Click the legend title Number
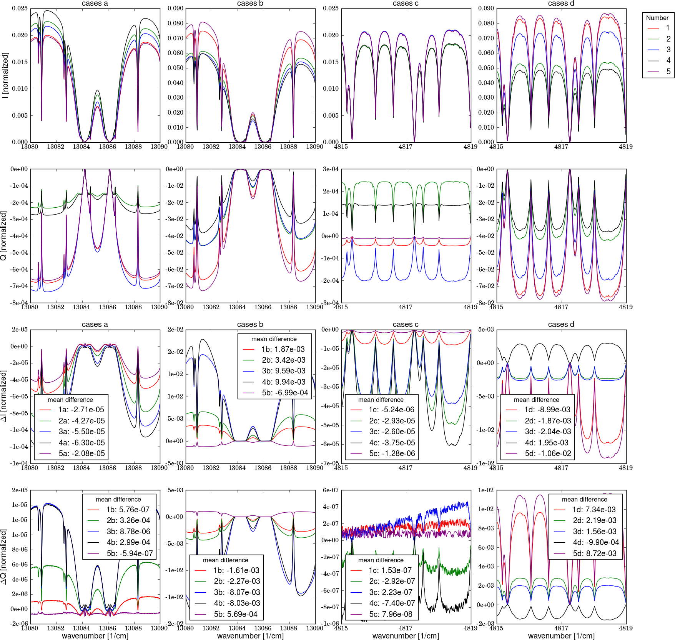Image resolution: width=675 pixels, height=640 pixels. tap(657, 18)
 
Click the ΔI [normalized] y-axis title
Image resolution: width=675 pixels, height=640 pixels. tap(4, 396)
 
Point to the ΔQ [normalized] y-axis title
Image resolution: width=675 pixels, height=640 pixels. tap(4, 557)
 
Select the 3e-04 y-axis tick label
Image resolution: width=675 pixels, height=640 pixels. tap(331, 169)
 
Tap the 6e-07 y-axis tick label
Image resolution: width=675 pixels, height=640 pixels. tap(331, 490)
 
